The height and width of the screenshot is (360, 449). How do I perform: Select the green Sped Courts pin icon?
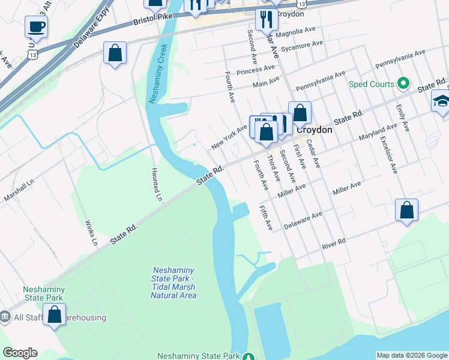404,84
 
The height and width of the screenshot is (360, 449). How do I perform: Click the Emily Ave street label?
402,118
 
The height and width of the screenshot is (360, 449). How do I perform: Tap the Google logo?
20,353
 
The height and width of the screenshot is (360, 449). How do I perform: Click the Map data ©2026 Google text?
412,355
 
